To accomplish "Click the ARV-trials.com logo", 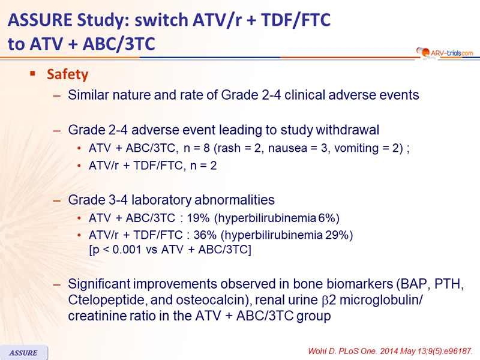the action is (445, 53).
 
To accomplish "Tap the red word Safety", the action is (67, 74).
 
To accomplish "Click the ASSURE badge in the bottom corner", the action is (23, 353).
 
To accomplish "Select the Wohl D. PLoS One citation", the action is (391, 351).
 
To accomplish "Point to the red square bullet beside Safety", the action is (33, 73).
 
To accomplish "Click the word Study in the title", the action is (101, 20).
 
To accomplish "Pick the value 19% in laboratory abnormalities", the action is (198, 218).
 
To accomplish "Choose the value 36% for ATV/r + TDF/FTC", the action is (205, 235).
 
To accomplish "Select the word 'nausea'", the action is (287, 148).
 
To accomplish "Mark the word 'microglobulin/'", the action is (381, 300).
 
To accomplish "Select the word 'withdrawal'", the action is (347, 130).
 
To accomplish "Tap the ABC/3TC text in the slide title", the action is (119, 44).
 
